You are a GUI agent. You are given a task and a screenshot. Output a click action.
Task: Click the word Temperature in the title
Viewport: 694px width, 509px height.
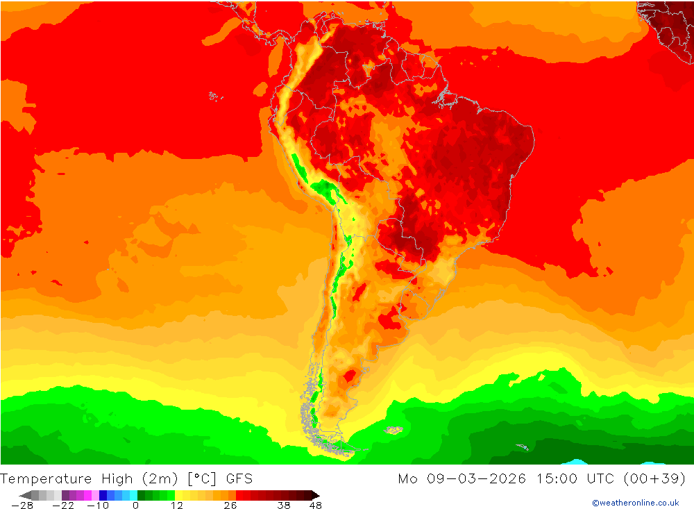46,478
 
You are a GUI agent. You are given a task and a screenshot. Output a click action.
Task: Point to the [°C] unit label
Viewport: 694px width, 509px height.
201,478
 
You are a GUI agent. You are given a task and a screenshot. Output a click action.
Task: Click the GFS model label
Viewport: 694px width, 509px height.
239,478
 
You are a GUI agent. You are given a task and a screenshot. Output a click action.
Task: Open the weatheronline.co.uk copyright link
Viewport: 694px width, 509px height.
635,503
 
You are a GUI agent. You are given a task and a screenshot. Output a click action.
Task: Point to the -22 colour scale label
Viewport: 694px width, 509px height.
63,506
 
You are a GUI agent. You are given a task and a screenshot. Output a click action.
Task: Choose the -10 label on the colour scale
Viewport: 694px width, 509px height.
99,506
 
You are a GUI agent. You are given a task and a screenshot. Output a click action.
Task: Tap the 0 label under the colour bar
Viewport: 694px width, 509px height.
135,506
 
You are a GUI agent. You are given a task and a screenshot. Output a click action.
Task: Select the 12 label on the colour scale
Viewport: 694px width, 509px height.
177,506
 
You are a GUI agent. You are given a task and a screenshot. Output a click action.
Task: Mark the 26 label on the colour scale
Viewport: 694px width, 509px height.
230,506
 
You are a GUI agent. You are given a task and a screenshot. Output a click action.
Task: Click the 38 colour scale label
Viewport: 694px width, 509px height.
283,506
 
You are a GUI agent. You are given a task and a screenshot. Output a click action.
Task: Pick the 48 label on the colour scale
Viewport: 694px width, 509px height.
316,506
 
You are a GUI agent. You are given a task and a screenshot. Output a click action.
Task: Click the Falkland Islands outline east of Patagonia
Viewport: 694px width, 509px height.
393,431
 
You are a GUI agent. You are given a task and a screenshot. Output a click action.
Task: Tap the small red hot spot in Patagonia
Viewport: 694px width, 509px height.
350,376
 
